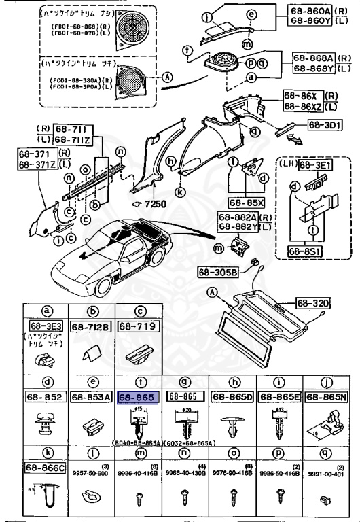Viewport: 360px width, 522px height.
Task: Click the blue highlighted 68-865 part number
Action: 138,398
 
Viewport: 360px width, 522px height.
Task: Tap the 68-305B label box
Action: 218,273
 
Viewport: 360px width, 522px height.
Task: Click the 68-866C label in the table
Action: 44,468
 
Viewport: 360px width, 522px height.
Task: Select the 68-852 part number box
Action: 44,398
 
